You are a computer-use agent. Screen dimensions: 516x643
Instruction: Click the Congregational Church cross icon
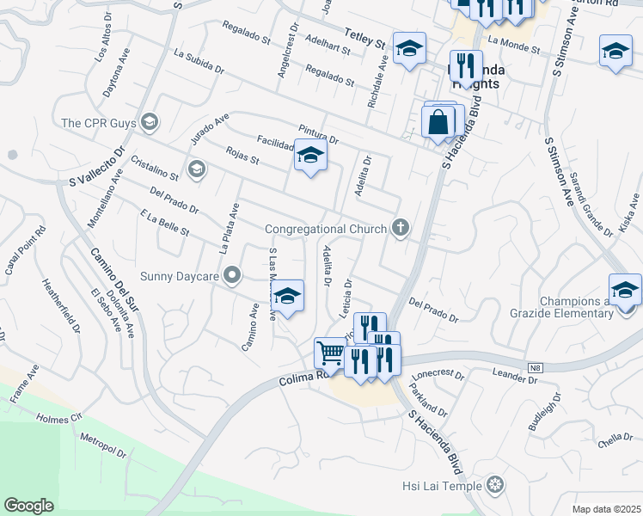399,228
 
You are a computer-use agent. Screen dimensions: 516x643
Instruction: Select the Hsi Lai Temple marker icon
494,486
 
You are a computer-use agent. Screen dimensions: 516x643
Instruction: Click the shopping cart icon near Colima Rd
329,352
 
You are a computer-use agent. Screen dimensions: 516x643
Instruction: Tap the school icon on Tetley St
410,48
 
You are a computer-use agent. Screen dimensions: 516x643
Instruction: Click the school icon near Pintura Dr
310,156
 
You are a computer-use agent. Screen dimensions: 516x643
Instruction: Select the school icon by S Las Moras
288,296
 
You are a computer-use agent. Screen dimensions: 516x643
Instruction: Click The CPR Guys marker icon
150,122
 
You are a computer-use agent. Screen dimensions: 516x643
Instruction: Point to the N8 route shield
536,368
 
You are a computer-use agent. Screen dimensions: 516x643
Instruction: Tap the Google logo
28,506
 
